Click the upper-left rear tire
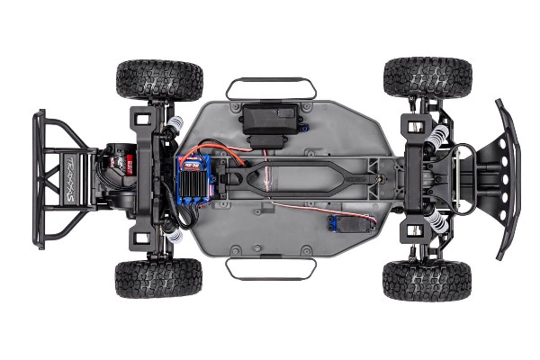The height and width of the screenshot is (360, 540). coord(159,79)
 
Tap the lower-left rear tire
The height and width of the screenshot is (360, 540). coord(158,279)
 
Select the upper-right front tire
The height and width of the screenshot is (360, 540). coord(427,77)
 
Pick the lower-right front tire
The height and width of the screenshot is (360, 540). coord(427,281)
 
